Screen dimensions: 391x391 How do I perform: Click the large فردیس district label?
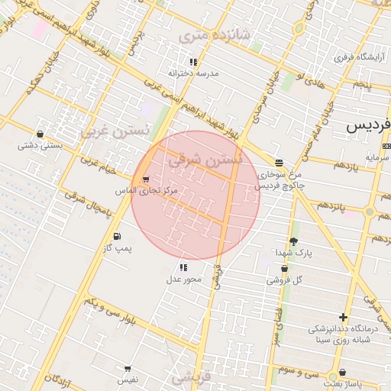[368, 124]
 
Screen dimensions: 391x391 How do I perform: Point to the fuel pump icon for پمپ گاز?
[116, 236]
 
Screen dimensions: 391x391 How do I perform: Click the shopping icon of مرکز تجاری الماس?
[146, 179]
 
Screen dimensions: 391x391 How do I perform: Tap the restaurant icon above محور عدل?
[183, 267]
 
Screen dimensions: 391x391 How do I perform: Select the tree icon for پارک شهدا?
[293, 241]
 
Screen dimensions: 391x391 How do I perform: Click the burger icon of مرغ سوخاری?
[279, 163]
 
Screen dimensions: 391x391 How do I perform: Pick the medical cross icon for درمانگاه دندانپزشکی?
[343, 317]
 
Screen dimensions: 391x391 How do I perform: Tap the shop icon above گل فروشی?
[285, 269]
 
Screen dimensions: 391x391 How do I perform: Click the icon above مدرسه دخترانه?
[194, 62]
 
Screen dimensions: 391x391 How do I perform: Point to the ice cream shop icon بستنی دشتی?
[39, 134]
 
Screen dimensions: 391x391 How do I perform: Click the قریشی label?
[190, 377]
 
